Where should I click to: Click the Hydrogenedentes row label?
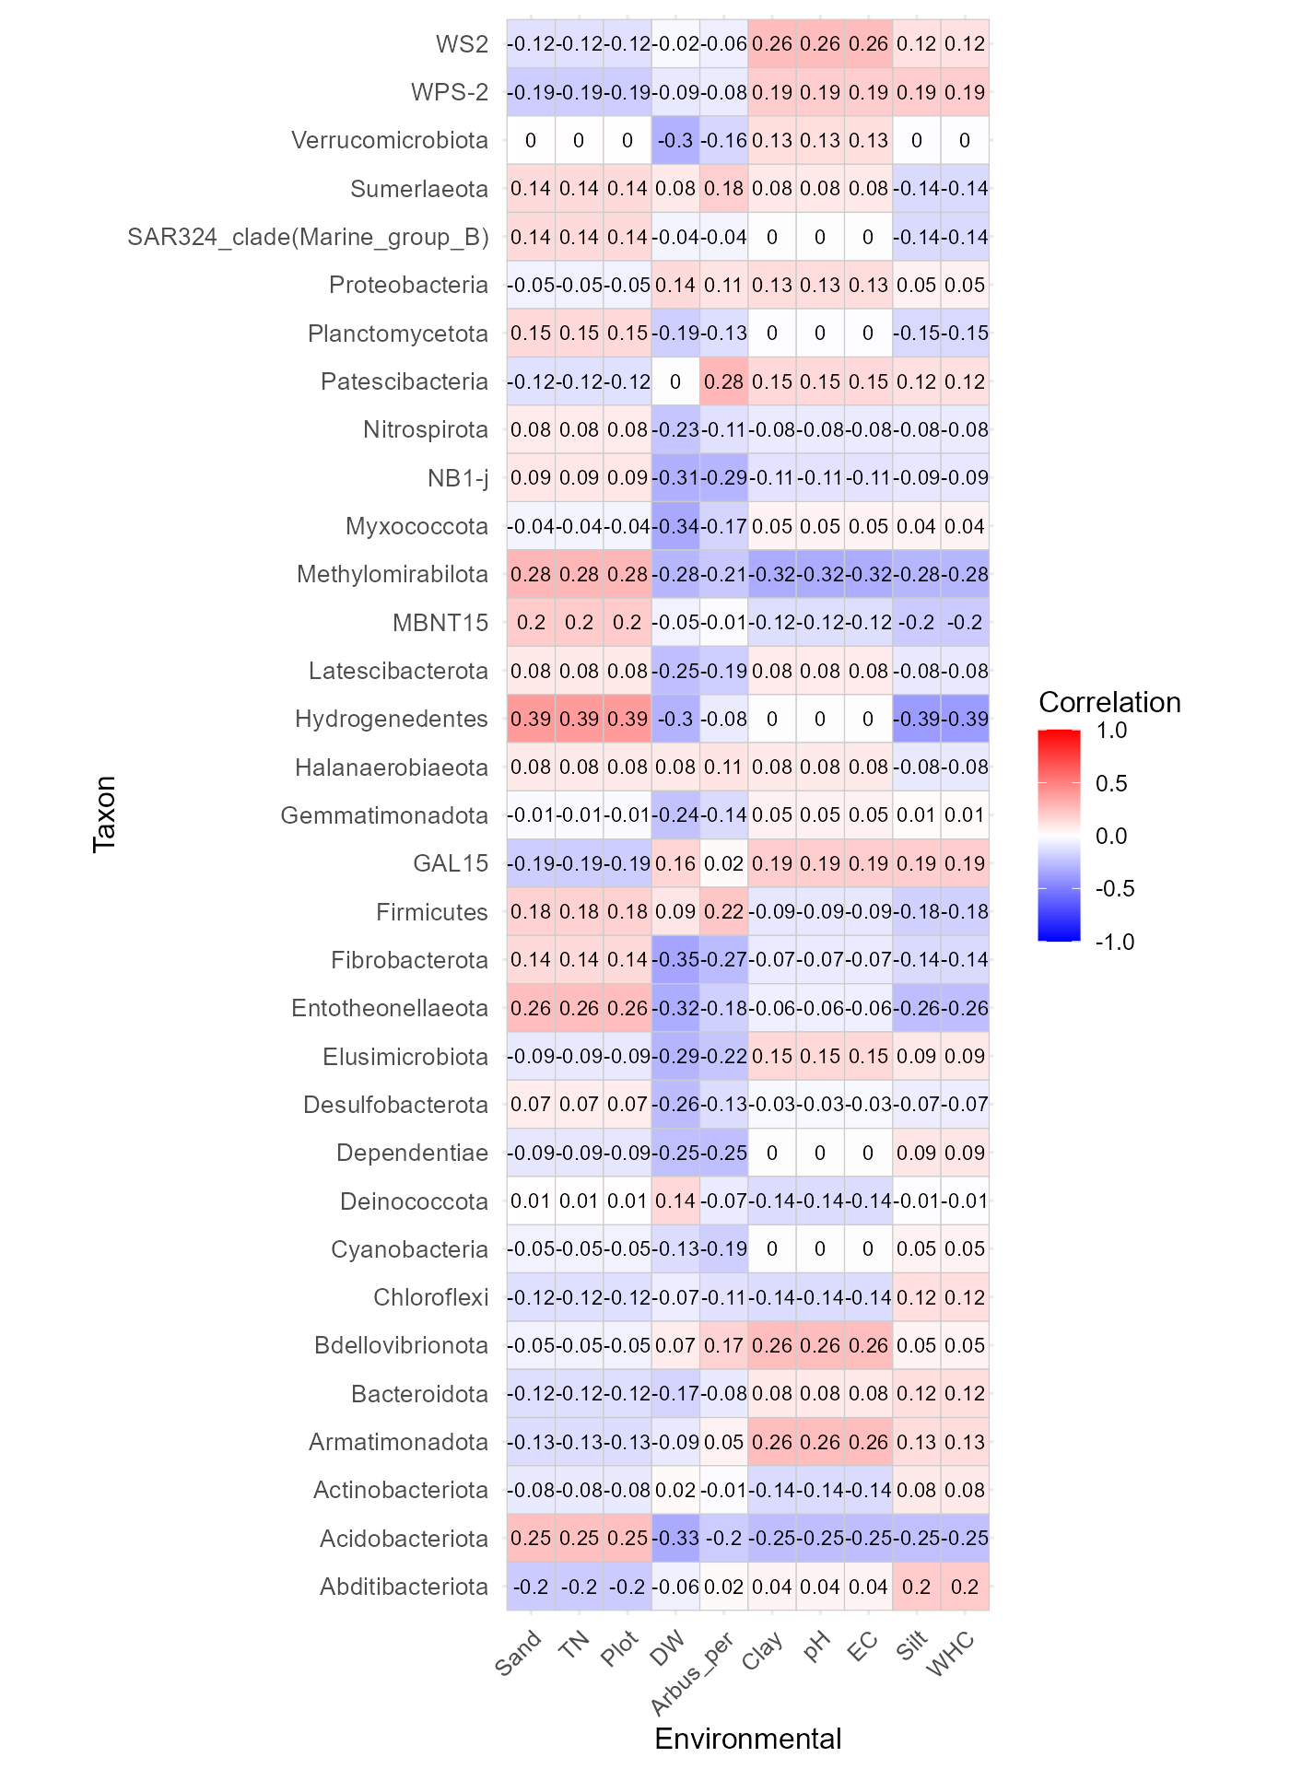[x=391, y=719]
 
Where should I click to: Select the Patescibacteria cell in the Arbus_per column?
[x=723, y=381]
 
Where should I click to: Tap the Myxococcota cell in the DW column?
[x=675, y=526]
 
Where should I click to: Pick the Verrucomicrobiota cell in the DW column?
[x=675, y=140]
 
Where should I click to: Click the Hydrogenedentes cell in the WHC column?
[x=965, y=719]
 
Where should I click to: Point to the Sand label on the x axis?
[x=519, y=1653]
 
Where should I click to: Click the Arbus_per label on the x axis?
[x=693, y=1673]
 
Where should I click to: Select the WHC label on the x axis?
[x=952, y=1654]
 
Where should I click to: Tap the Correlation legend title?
[x=1109, y=702]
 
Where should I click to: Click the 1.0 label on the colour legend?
[x=1112, y=731]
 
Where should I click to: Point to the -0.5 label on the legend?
[x=1114, y=888]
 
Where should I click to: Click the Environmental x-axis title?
[x=748, y=1739]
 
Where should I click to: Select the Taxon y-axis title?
[x=104, y=814]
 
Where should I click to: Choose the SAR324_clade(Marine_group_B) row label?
[x=308, y=237]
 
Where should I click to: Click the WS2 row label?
[x=462, y=44]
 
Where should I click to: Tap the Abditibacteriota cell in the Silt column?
[x=917, y=1587]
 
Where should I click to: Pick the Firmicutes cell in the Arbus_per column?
[x=723, y=911]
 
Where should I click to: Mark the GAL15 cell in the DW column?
[x=675, y=863]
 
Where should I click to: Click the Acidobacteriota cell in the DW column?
[x=675, y=1538]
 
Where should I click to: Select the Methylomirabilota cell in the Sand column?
[x=531, y=574]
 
